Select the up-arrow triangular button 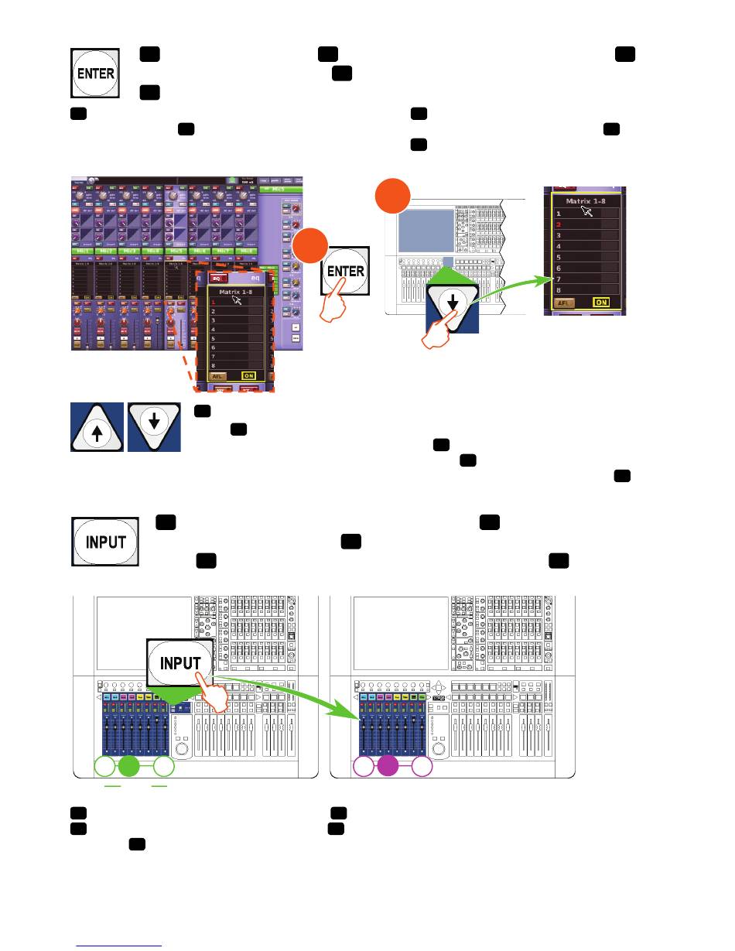tap(96, 426)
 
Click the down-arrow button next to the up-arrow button tap(155, 426)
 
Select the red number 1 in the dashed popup tap(214, 302)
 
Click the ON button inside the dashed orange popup tap(248, 375)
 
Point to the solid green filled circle tap(128, 767)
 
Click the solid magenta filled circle tap(387, 767)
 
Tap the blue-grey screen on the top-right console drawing tap(425, 230)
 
